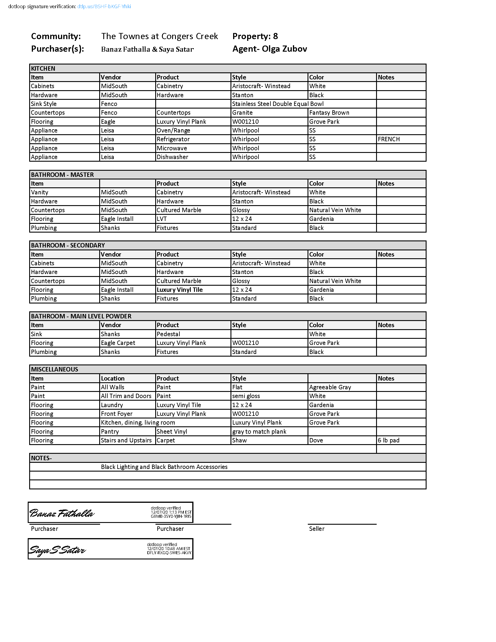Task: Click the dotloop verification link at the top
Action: pyautogui.click(x=104, y=6)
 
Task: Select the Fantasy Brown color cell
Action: pyautogui.click(x=329, y=113)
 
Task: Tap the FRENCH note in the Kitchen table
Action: pyautogui.click(x=388, y=139)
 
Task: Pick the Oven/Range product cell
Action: pyautogui.click(x=173, y=130)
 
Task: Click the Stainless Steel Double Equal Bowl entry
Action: pyautogui.click(x=278, y=104)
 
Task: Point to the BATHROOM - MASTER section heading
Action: pyautogui.click(x=62, y=175)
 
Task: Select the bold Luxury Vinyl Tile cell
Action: pyautogui.click(x=179, y=289)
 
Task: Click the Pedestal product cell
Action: pyautogui.click(x=168, y=334)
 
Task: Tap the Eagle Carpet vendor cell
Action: pyautogui.click(x=118, y=343)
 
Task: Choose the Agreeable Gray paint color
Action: pyautogui.click(x=330, y=387)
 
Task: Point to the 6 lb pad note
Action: pyautogui.click(x=388, y=440)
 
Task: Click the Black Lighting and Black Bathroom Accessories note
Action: pyautogui.click(x=164, y=467)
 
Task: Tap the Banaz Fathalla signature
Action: pyautogui.click(x=62, y=513)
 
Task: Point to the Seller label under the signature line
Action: pyautogui.click(x=317, y=528)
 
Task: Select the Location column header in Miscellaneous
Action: pyautogui.click(x=113, y=378)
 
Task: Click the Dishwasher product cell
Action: pyautogui.click(x=172, y=157)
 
